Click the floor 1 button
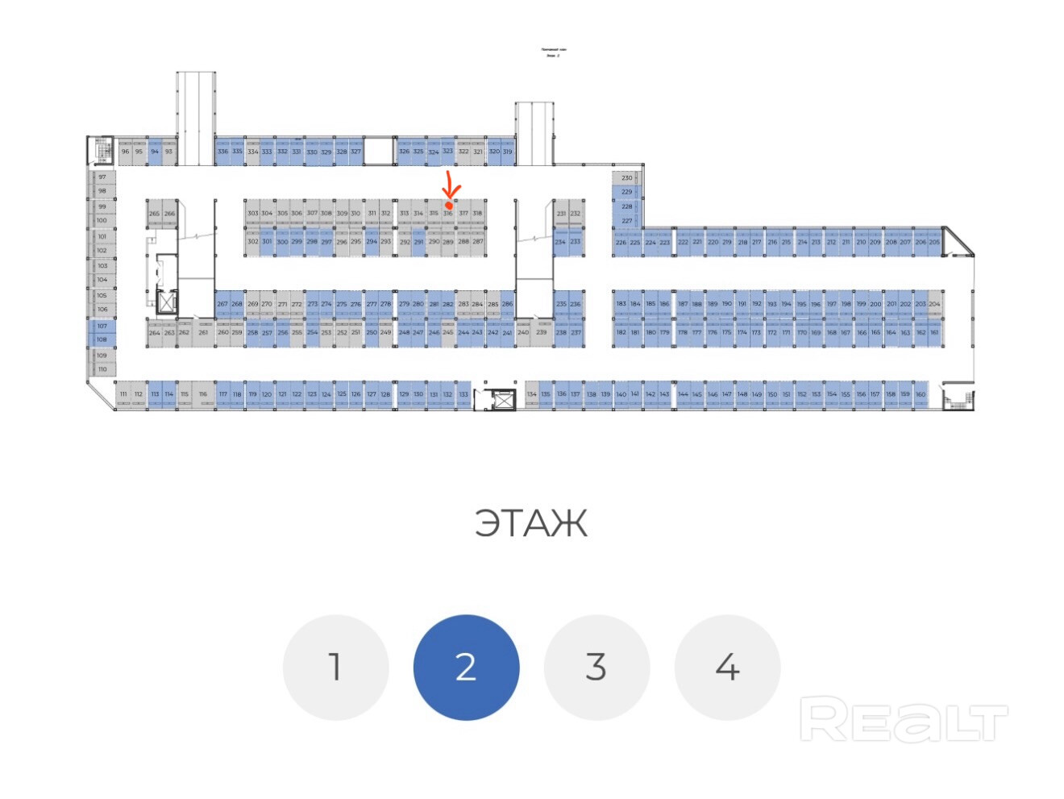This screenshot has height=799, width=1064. [335, 667]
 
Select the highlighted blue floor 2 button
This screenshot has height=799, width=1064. [466, 667]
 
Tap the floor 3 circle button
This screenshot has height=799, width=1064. [596, 667]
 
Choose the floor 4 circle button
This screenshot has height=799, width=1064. [727, 667]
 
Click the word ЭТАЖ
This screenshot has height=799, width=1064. [531, 523]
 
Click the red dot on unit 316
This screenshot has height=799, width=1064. [449, 206]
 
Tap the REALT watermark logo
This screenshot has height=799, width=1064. [903, 720]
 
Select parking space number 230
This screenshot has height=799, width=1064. [626, 177]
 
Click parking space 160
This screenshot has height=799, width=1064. [921, 394]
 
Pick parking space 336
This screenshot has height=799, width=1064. [222, 152]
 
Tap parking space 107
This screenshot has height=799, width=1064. [102, 326]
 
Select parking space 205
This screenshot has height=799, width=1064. [934, 242]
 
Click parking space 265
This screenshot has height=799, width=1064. [154, 214]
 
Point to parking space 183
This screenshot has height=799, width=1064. [621, 304]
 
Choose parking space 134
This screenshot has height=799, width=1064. [531, 394]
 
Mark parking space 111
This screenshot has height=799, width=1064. [123, 394]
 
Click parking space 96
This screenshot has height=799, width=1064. [125, 152]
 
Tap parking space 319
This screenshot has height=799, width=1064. [508, 152]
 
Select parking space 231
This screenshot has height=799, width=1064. [561, 214]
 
